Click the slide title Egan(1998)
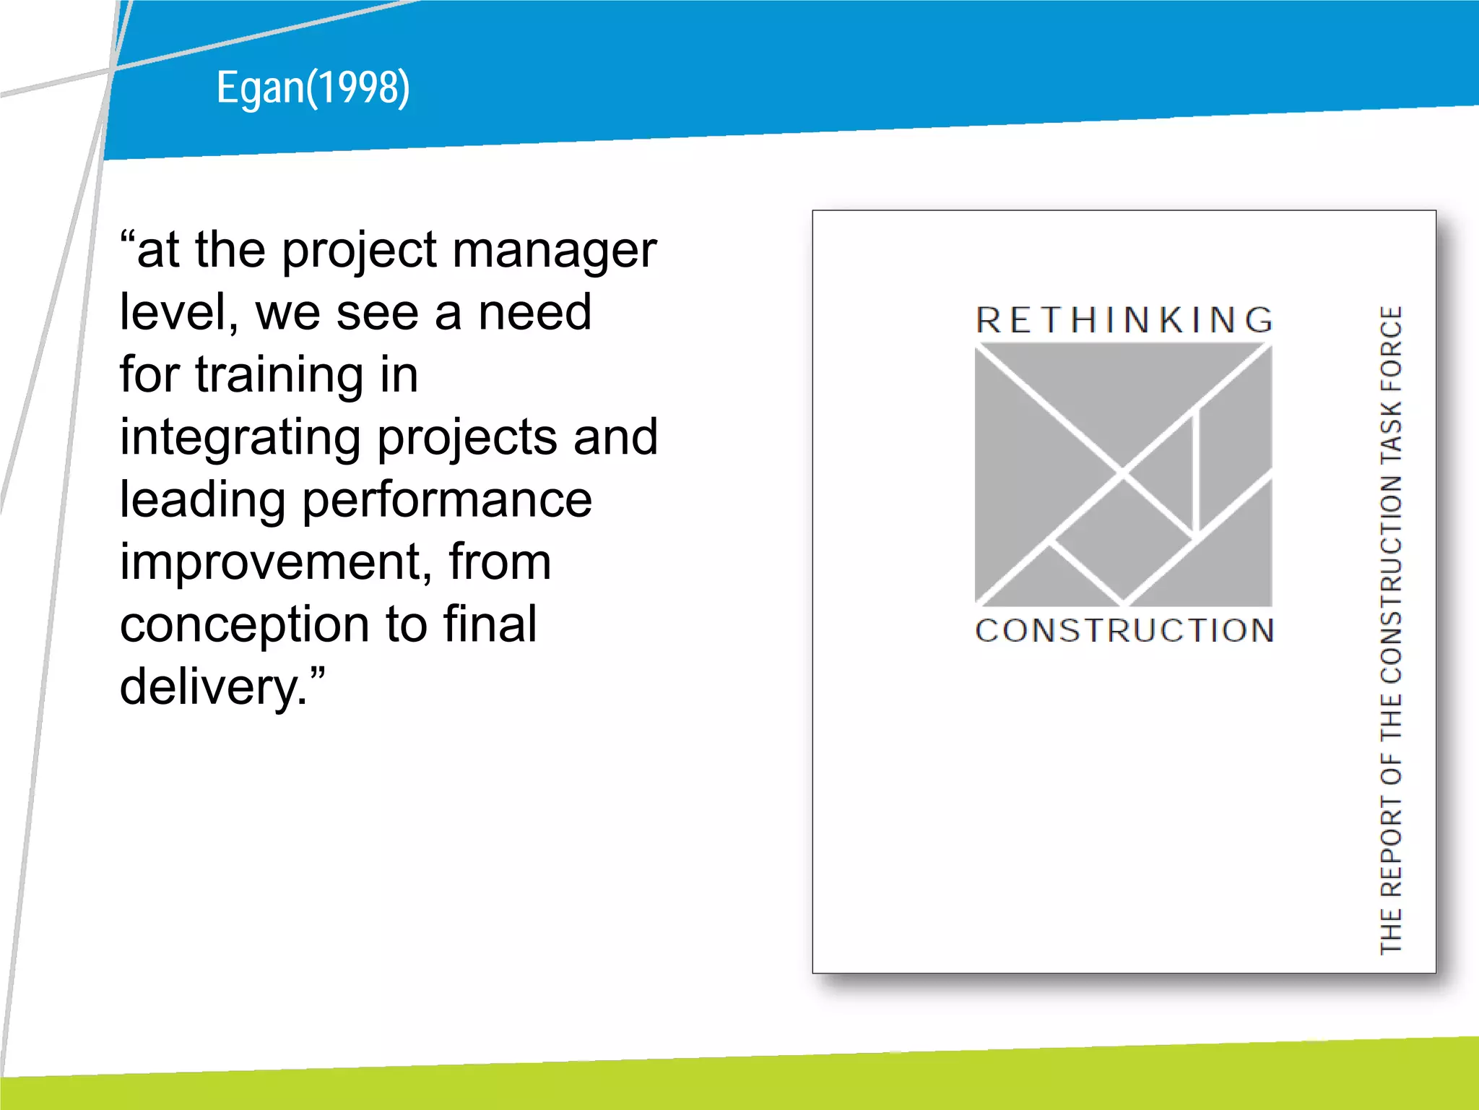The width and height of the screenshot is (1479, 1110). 313,88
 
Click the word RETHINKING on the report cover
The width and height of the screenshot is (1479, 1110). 1124,320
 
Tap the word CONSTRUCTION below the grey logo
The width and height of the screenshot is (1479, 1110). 1124,630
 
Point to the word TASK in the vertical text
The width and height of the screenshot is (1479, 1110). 1391,433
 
